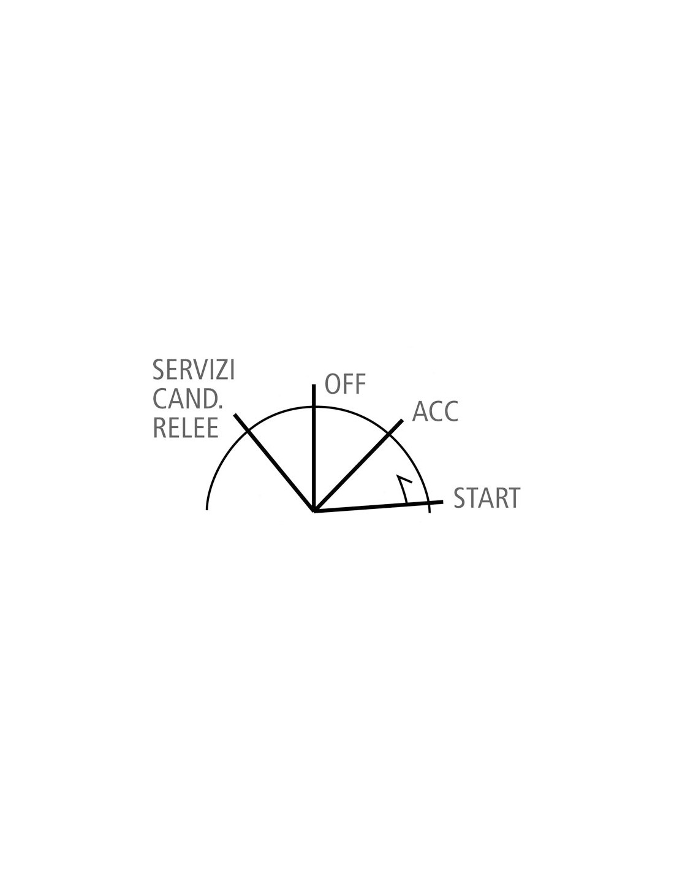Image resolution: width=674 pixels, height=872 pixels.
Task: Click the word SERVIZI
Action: [x=193, y=370]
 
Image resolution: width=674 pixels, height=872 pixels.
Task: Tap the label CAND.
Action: [x=187, y=399]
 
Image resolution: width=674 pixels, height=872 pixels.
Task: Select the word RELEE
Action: [x=186, y=428]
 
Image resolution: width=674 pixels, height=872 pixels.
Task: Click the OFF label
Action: [x=345, y=384]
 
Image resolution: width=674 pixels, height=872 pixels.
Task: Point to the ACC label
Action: [x=435, y=411]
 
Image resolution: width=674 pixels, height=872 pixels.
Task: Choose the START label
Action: [x=487, y=498]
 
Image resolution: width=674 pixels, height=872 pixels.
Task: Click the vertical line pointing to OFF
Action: [x=314, y=448]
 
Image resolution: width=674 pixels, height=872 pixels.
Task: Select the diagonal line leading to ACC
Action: [x=358, y=465]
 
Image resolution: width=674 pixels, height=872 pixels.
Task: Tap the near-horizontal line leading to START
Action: [x=379, y=507]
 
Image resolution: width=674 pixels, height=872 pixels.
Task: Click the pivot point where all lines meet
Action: [x=314, y=511]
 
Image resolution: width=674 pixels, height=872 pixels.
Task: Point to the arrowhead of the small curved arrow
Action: [x=398, y=477]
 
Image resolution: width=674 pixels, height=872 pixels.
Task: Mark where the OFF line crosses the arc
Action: [x=314, y=407]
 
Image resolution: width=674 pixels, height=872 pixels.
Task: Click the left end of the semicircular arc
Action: [x=206, y=510]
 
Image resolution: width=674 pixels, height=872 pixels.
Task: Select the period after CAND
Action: [x=220, y=407]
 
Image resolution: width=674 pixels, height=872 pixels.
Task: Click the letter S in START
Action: [x=460, y=498]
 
